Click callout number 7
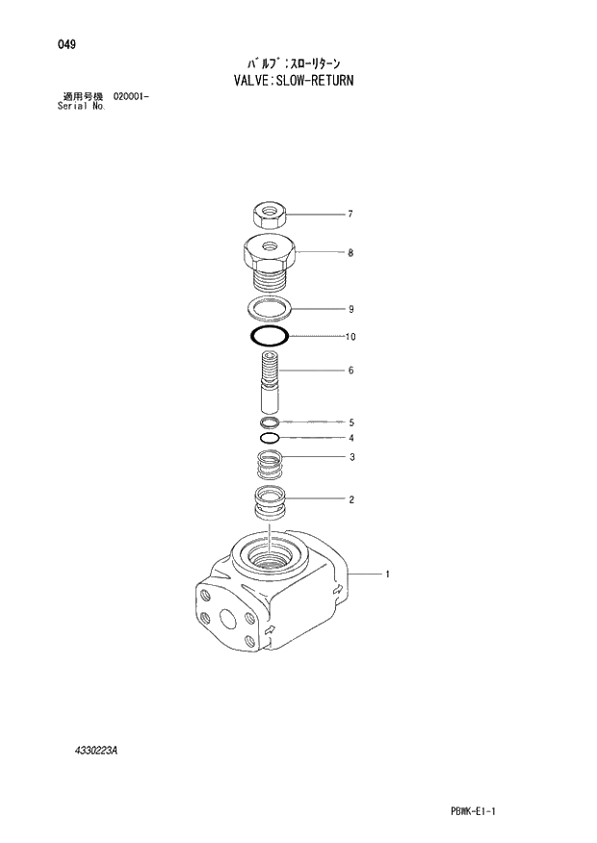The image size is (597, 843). pyautogui.click(x=351, y=214)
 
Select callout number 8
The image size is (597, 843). pyautogui.click(x=351, y=253)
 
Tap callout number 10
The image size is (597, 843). pyautogui.click(x=351, y=337)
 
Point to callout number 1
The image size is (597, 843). pyautogui.click(x=387, y=575)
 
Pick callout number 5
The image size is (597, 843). pyautogui.click(x=351, y=421)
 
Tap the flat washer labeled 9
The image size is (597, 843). pyautogui.click(x=270, y=309)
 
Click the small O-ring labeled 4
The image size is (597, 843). pyautogui.click(x=271, y=438)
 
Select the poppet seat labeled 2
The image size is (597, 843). pyautogui.click(x=270, y=502)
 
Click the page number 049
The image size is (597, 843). pyautogui.click(x=66, y=45)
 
